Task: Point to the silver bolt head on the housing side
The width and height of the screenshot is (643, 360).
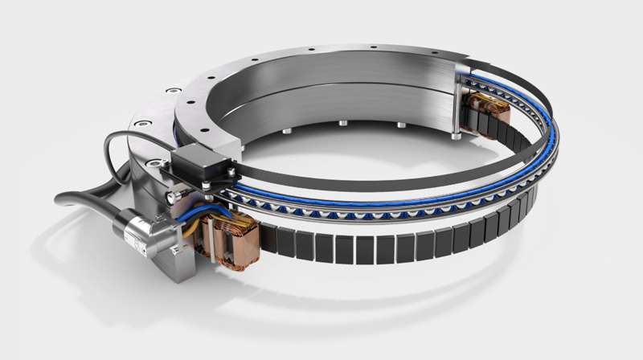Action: pos(171,198)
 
